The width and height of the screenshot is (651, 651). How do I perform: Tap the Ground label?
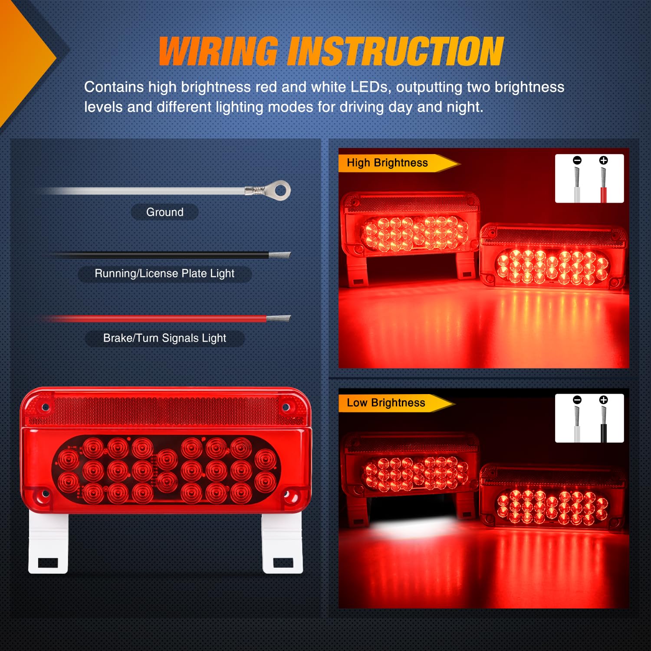[165, 212]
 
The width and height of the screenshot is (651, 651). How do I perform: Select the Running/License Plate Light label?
[164, 273]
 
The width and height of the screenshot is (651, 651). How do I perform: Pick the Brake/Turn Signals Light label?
[165, 338]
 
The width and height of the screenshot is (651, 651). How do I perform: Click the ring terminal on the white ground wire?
[280, 190]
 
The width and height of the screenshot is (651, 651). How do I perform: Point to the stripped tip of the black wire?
[280, 255]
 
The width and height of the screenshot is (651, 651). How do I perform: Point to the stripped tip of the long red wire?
[278, 319]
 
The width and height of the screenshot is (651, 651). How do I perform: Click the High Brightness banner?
[388, 163]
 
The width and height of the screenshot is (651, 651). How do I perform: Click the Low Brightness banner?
[386, 403]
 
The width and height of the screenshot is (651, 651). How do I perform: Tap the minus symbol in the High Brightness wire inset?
[577, 160]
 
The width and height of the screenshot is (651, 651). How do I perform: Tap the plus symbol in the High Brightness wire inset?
[603, 160]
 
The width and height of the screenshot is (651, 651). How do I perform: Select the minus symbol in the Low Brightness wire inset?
[577, 400]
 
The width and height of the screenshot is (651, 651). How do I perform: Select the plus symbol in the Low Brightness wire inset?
[603, 400]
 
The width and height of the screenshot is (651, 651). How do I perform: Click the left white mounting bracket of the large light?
[48, 542]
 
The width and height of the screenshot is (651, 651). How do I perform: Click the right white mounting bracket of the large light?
[283, 542]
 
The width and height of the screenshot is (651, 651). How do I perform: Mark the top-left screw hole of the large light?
[45, 408]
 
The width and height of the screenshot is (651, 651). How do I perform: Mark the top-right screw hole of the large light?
[286, 407]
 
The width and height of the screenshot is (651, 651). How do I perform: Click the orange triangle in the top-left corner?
[22, 56]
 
